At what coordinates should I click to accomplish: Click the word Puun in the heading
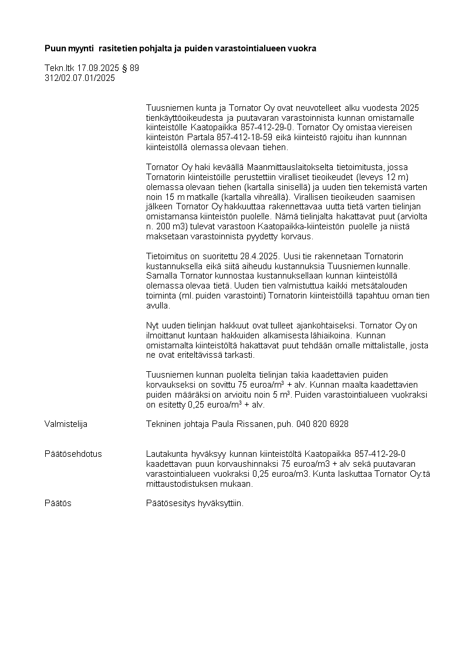click(x=54, y=48)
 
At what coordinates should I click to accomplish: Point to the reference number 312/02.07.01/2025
click(x=80, y=77)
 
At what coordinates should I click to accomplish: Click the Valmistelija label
click(x=66, y=423)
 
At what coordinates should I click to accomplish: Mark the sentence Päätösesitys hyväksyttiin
click(x=194, y=503)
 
